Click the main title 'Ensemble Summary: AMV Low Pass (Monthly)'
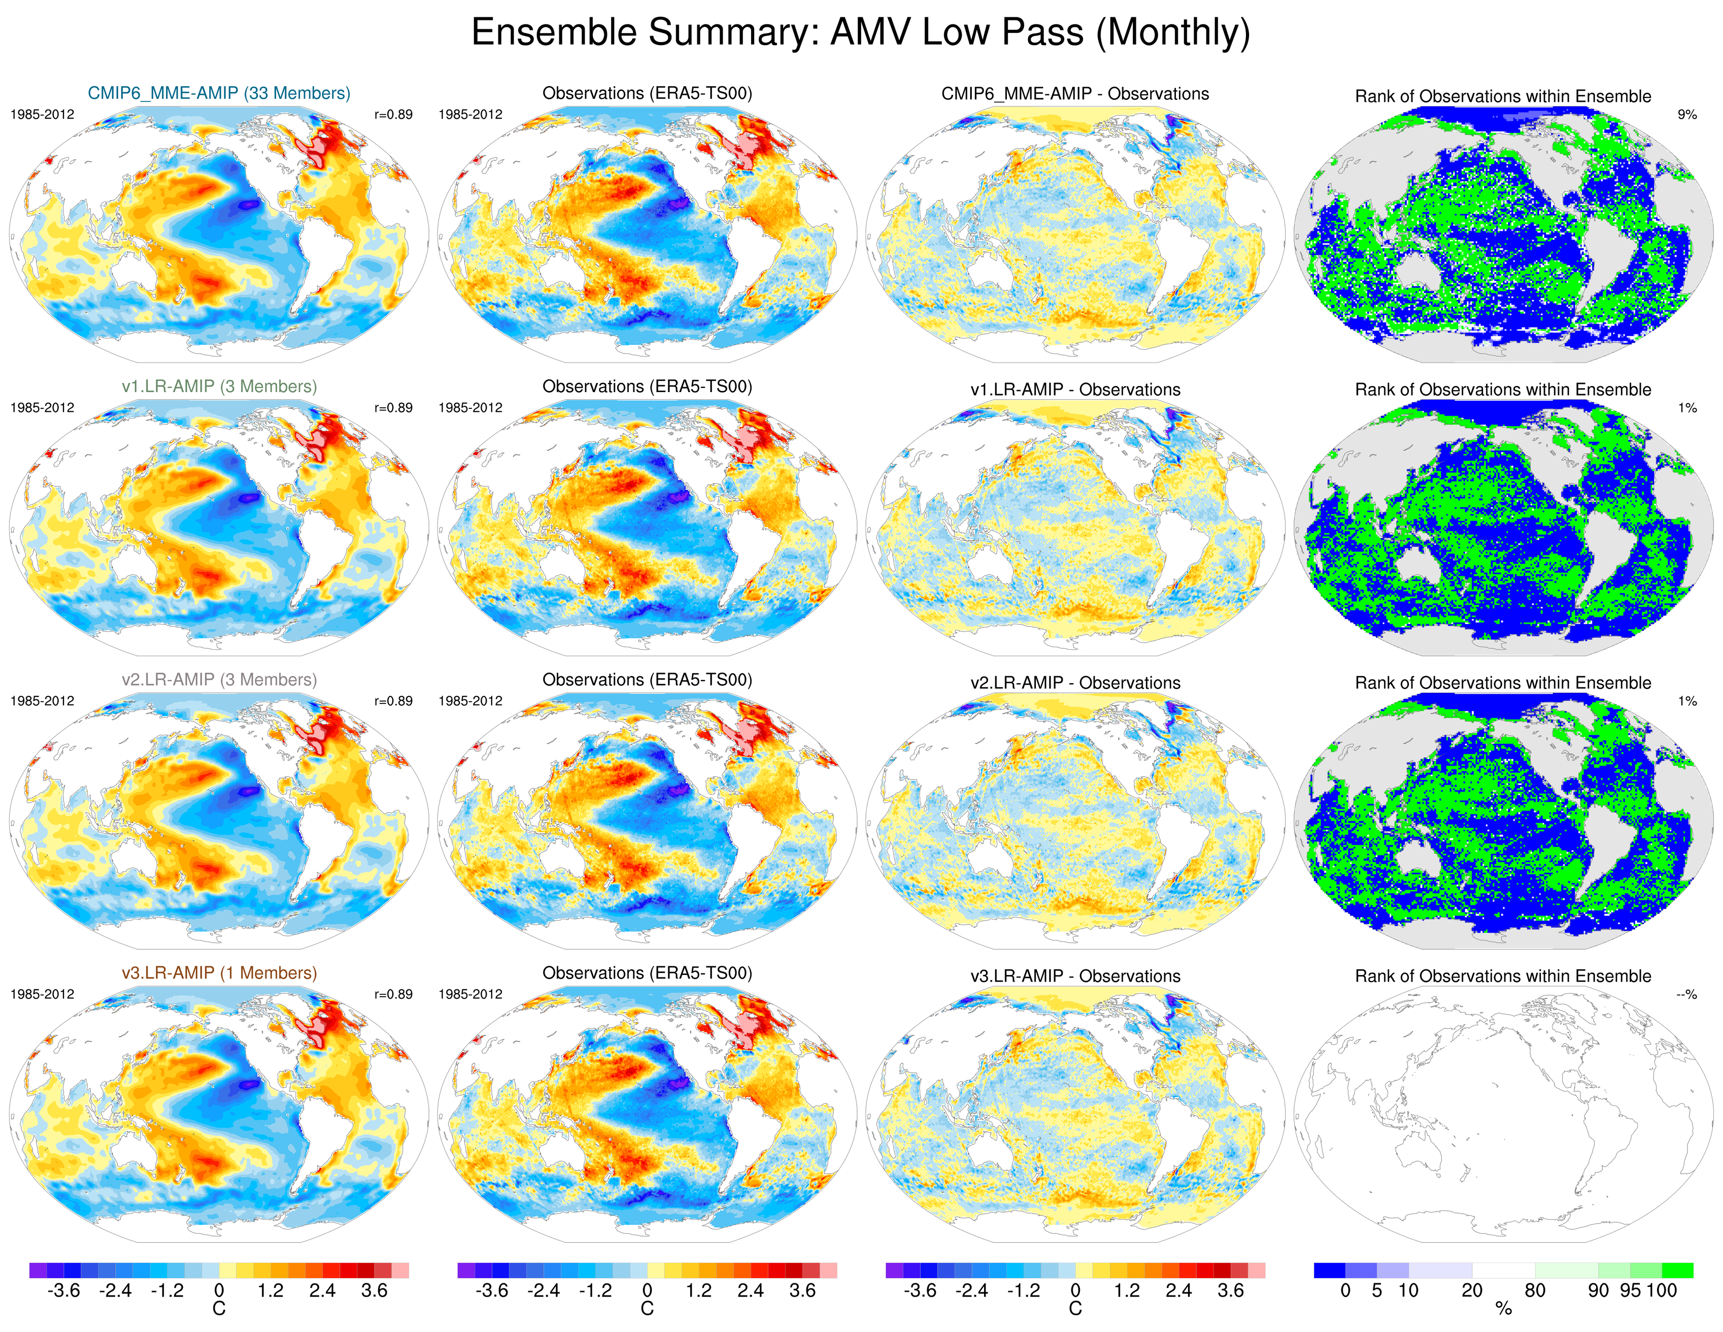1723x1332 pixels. [x=860, y=33]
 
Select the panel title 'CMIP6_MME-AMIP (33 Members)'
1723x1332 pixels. [x=219, y=93]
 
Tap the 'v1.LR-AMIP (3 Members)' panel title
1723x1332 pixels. [x=219, y=387]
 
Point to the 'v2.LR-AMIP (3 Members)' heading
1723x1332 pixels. [x=219, y=680]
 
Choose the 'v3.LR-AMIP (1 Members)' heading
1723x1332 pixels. [x=219, y=973]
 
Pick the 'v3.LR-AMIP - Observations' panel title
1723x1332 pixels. [x=1074, y=976]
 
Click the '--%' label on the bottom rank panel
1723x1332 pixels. [x=1686, y=995]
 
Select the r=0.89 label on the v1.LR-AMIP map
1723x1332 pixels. [x=393, y=408]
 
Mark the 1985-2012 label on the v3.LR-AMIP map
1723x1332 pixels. [x=42, y=995]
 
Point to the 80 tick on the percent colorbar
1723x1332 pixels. [x=1534, y=1291]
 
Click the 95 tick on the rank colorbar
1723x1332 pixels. [x=1630, y=1291]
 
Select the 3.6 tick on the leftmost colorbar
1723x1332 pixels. [x=374, y=1291]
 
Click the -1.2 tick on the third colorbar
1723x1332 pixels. [x=1023, y=1291]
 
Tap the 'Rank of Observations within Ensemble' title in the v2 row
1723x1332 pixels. [x=1503, y=683]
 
